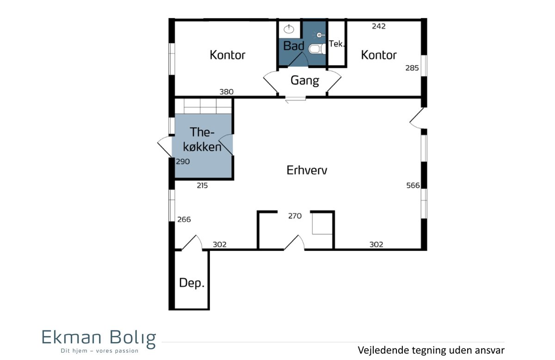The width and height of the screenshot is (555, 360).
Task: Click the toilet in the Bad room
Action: tap(317, 49)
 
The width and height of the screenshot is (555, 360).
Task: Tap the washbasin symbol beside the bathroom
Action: tap(289, 29)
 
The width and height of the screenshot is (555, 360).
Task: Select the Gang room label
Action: tap(305, 81)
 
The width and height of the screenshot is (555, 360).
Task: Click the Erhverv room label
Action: tap(307, 170)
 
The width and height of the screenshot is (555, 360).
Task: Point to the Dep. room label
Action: tap(192, 282)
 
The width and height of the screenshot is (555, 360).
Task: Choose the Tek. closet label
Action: tap(337, 44)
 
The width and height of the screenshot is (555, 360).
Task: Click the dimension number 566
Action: tap(413, 185)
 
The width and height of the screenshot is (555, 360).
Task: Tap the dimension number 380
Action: tap(227, 92)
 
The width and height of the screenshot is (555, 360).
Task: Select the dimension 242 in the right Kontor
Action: tap(379, 26)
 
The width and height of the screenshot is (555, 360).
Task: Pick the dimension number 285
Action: tap(412, 68)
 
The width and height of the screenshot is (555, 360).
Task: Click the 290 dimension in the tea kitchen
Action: tap(183, 162)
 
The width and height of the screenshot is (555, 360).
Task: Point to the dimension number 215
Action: tap(202, 185)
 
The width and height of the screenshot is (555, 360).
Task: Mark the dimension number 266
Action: tap(184, 220)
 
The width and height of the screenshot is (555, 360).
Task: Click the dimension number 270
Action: tap(295, 216)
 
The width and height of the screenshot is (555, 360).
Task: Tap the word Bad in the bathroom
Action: tap(294, 46)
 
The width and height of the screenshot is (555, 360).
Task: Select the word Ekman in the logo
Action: tap(72, 337)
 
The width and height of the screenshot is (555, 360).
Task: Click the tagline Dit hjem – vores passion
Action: tap(99, 351)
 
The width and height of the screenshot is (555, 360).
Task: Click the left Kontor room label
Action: tap(228, 55)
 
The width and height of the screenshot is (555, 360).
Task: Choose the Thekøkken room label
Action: tap(202, 140)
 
